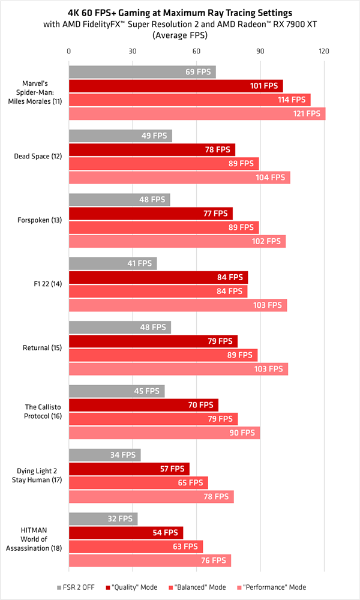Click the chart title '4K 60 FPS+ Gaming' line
click(180, 13)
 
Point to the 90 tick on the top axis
click(260, 51)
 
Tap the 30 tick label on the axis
click(133, 51)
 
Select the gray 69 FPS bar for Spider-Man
click(142, 72)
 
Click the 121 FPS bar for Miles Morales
click(197, 114)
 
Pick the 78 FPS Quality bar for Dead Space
click(152, 149)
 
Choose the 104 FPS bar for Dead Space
click(179, 178)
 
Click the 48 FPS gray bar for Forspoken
click(119, 199)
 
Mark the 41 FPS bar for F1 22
click(113, 263)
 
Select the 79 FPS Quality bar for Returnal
click(153, 341)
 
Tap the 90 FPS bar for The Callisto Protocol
click(164, 433)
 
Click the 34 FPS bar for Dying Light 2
click(104, 455)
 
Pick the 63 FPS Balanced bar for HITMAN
click(136, 547)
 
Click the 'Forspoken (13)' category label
click(38, 220)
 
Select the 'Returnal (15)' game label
click(42, 347)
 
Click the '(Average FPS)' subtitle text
click(180, 35)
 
